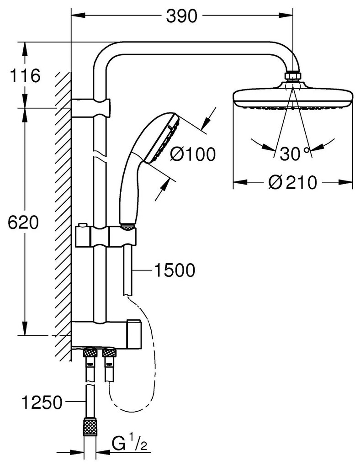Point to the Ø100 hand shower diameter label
[x=192, y=154]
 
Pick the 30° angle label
[x=293, y=154]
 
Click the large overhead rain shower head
[x=293, y=97]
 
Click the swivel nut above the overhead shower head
[x=292, y=76]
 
